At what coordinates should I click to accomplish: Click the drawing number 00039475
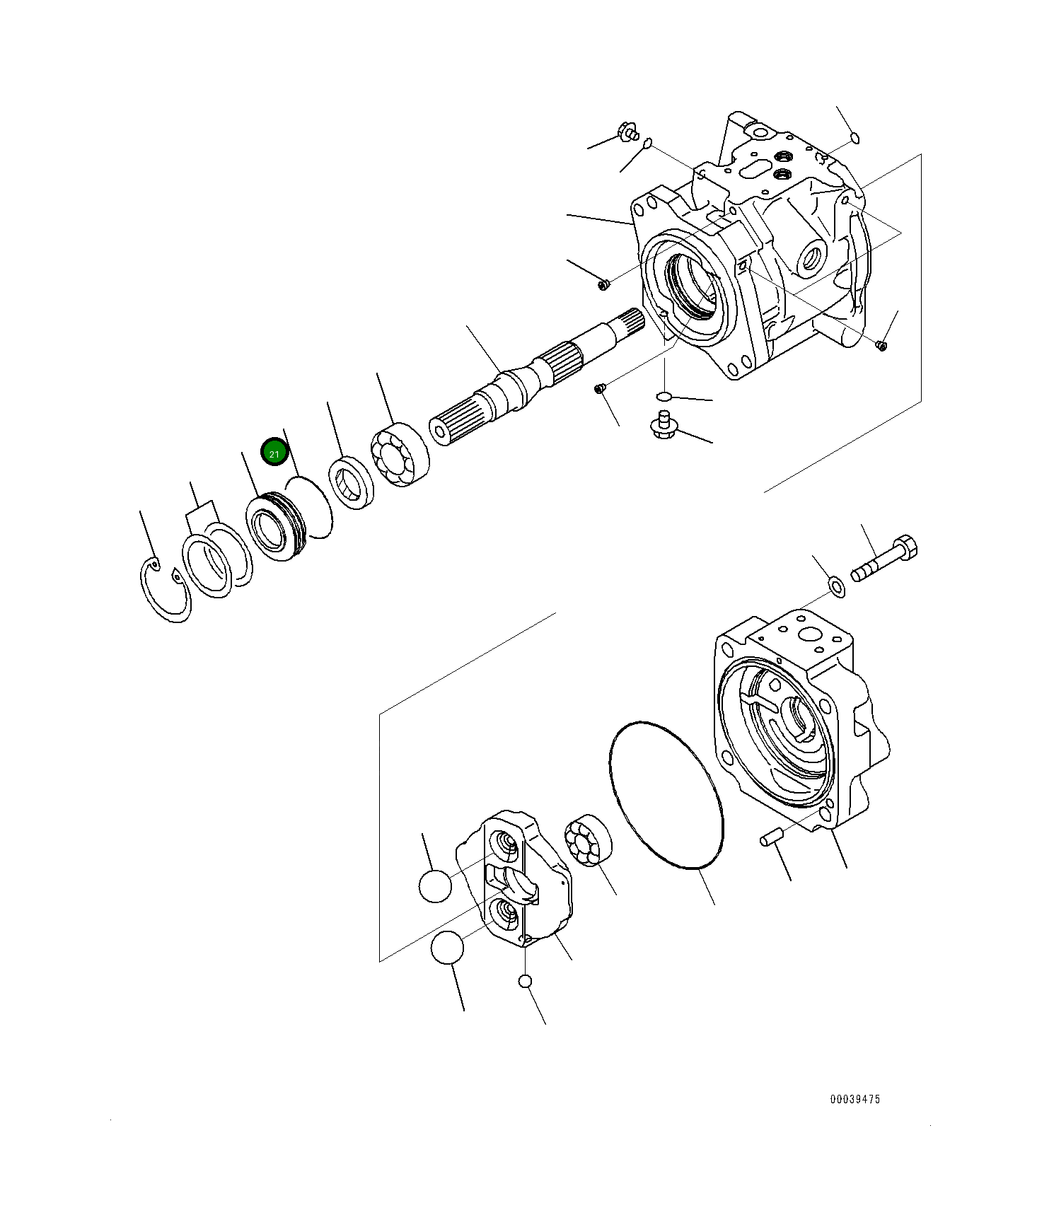pos(854,1099)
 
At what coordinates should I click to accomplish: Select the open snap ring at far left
pos(165,591)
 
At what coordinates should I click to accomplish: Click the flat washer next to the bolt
pos(836,586)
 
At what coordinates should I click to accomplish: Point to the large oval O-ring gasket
pos(666,795)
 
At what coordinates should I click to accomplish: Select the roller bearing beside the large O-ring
pos(589,839)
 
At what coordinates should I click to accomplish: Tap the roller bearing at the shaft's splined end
pos(400,455)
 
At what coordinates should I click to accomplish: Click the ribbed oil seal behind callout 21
pos(274,527)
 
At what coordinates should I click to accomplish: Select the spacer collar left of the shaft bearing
pos(351,483)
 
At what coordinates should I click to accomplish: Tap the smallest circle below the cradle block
pos(524,981)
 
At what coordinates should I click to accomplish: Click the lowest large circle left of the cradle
pos(446,948)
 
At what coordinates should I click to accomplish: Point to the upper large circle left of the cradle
pos(435,885)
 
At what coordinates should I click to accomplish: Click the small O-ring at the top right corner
pos(854,137)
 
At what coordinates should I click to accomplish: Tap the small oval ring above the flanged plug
pos(663,395)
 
